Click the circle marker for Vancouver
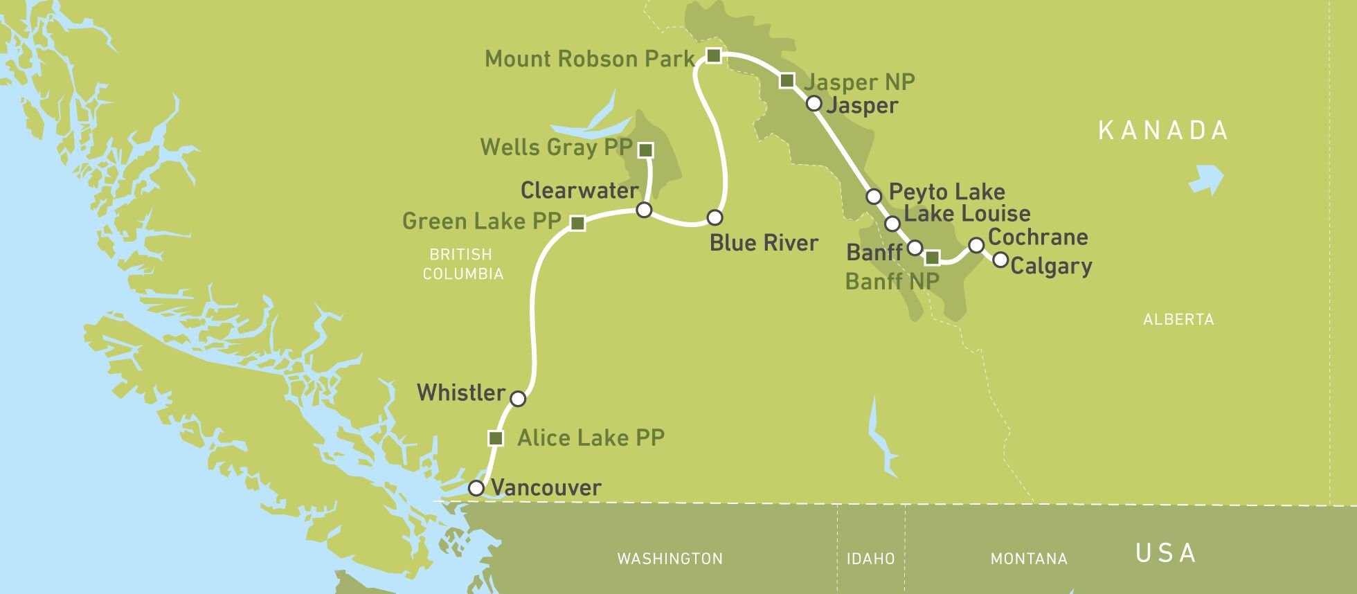pos(476,488)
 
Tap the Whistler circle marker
pos(518,399)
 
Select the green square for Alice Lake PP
pos(496,438)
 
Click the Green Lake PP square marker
pos(577,223)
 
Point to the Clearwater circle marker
pos(644,210)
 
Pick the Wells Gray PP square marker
pos(645,150)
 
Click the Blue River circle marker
pos(715,217)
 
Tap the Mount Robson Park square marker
pos(713,55)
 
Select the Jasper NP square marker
pos(787,81)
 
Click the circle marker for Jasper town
pos(814,104)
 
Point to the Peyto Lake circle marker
pos(874,197)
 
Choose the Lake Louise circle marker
pos(892,224)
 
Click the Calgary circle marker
pos(1000,260)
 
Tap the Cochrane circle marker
pos(976,245)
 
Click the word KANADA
pos(1163,130)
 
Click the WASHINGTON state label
pos(669,559)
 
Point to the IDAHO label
pos(870,559)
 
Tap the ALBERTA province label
pos(1178,320)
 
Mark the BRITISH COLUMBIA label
pos(462,264)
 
